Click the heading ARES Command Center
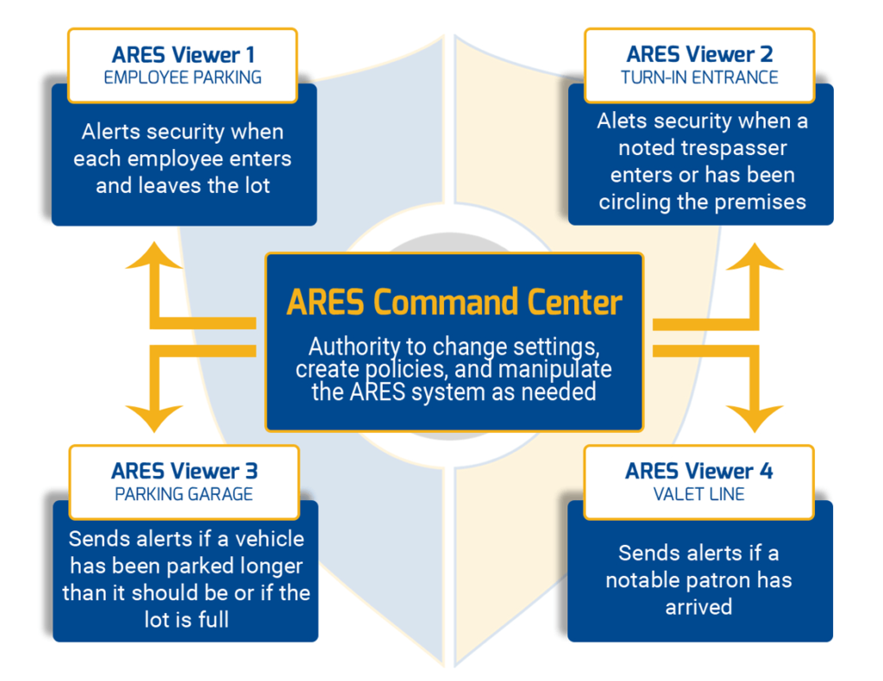454,303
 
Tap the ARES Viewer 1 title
183,54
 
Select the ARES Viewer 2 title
699,54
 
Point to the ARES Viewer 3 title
185,471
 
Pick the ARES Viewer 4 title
698,471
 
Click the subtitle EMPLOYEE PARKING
183,77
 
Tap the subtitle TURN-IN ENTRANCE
699,77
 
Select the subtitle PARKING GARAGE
184,494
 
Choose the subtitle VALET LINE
698,494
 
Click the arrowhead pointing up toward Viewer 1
153,256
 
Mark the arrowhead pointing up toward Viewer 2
755,257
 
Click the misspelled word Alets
621,121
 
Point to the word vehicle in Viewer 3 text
269,539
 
